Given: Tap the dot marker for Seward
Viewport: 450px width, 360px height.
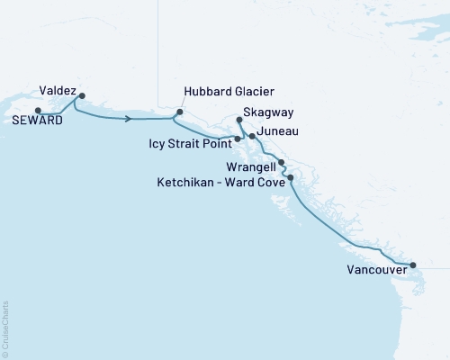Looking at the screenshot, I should click(38, 111).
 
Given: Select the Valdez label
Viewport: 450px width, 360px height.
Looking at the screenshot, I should click(57, 90).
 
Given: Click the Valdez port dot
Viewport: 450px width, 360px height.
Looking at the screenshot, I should click(82, 95).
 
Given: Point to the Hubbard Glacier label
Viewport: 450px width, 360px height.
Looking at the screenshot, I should click(228, 92).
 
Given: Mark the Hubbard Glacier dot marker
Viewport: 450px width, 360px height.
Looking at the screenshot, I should click(179, 112).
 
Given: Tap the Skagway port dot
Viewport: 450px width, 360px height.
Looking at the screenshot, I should click(238, 120).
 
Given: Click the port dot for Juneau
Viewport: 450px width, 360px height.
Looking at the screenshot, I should click(252, 136).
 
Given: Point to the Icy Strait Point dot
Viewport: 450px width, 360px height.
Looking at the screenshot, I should click(238, 139).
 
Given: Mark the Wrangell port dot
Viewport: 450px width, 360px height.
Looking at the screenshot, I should click(282, 163).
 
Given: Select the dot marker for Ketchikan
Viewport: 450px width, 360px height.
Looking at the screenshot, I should click(291, 178).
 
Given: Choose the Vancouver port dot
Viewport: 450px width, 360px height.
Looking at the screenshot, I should click(413, 265).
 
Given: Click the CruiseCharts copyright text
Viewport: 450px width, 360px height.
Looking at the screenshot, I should click(5, 328).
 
